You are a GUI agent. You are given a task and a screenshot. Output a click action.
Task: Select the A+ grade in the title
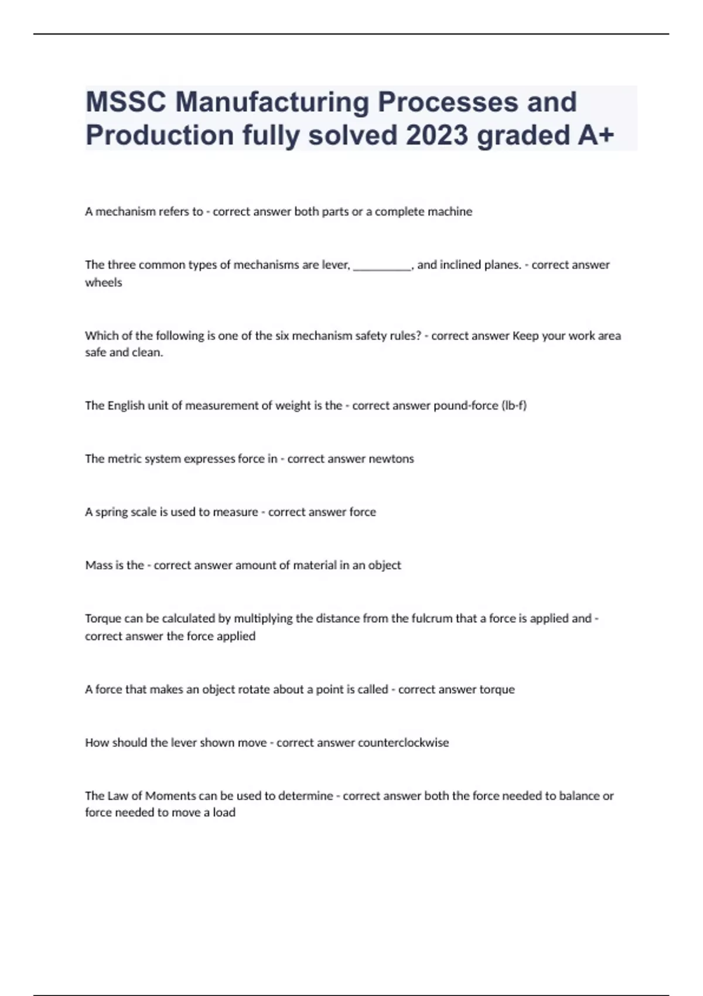[x=596, y=135]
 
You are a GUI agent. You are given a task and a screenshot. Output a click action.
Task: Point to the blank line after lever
[x=383, y=265]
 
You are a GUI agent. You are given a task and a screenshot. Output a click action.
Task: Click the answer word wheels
[x=104, y=282]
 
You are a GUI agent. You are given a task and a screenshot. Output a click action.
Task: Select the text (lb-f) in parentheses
[x=514, y=405]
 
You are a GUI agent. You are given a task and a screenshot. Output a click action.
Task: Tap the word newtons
[x=391, y=459]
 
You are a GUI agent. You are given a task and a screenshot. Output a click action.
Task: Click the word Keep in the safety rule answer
[x=525, y=336]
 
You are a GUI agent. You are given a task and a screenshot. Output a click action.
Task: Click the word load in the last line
[x=224, y=813]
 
